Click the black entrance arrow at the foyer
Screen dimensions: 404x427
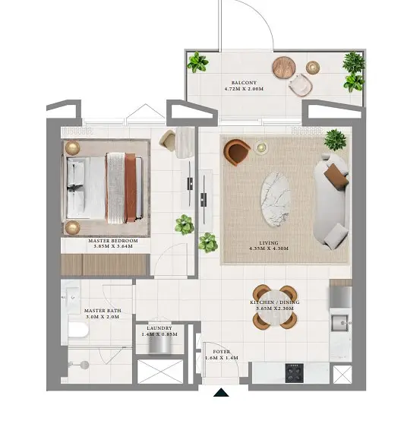pos(221,392)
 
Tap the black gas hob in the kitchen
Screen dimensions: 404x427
pos(295,373)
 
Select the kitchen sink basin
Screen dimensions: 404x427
pos(339,323)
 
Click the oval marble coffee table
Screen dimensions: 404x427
pos(276,200)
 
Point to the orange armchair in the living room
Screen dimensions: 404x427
pos(236,152)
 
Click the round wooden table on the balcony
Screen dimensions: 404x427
pos(284,67)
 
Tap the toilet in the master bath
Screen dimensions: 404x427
pos(78,330)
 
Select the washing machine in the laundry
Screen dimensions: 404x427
pos(159,346)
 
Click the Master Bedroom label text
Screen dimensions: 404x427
pos(113,241)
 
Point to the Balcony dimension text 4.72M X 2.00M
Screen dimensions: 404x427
pos(244,89)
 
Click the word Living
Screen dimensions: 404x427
pos(269,243)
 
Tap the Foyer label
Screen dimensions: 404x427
pos(222,352)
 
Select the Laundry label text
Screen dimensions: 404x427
pos(159,328)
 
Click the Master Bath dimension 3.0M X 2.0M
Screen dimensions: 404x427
pos(103,317)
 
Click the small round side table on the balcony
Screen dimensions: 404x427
pos(313,68)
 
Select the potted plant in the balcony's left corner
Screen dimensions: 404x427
pos(197,62)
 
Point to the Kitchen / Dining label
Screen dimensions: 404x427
pos(275,302)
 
